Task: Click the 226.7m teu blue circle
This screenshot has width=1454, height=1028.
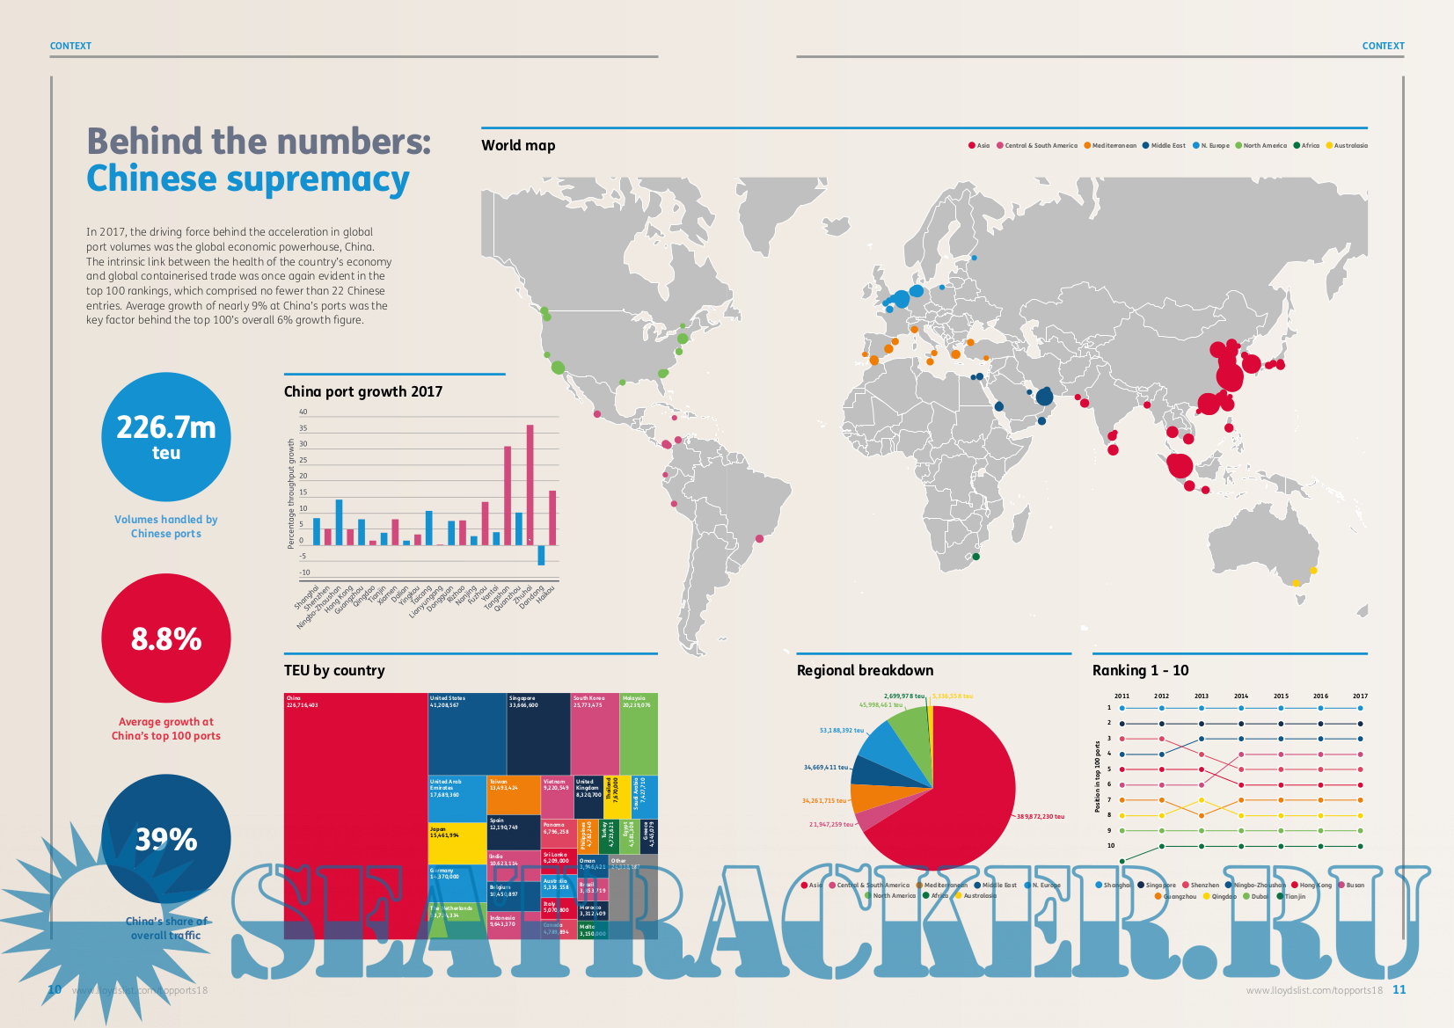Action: pos(166,437)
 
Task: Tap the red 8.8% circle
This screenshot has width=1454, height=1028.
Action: pos(166,638)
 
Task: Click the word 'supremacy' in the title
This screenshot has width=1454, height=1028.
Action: pos(318,179)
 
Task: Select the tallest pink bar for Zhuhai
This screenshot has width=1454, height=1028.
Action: pos(530,485)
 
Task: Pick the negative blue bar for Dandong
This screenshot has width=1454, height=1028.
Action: pos(541,555)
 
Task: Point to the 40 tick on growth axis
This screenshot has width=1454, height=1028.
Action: pos(303,412)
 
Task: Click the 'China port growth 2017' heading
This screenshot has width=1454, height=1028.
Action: pos(363,392)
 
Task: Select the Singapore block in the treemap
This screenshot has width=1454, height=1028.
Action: pos(538,733)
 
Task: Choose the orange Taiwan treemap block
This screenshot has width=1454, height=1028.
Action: pos(514,794)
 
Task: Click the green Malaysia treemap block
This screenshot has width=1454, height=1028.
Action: pos(639,733)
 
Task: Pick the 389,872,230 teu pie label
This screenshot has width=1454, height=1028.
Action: pos(1040,816)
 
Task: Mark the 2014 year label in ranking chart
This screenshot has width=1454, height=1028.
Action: pos(1241,696)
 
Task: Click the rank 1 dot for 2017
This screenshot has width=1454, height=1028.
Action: pos(1360,708)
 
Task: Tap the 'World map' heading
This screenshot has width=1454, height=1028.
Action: pos(518,146)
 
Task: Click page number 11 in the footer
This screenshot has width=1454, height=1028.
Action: pos(1399,989)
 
